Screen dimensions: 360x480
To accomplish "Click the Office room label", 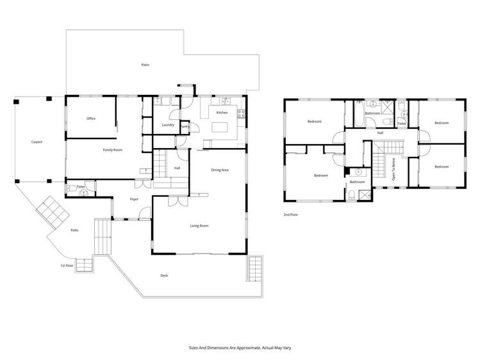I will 91,119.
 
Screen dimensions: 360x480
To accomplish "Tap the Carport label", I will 37,142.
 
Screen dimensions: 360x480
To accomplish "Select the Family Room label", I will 113,150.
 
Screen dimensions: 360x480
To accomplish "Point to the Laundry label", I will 169,125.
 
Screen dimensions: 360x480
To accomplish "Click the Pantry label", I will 185,126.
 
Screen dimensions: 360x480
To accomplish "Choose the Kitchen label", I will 222,113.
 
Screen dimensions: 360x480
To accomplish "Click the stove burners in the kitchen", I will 241,114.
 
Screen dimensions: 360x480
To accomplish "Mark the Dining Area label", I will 220,170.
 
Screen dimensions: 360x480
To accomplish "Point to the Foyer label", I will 134,199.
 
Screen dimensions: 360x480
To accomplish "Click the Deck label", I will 164,275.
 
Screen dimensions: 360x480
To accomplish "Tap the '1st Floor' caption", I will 67,265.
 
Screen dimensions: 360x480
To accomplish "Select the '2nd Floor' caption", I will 290,215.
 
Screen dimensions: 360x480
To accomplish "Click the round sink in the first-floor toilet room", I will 83,192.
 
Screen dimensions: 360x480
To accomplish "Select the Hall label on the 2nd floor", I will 380,133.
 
